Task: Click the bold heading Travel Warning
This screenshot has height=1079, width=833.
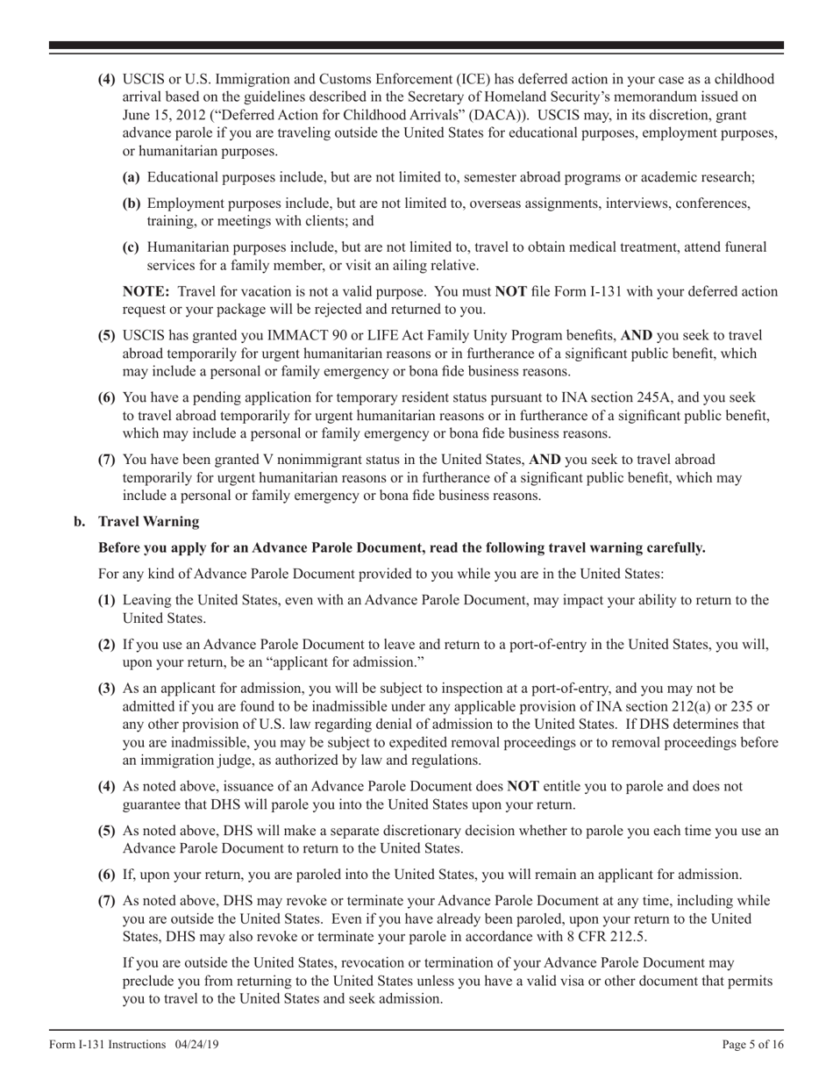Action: (x=148, y=522)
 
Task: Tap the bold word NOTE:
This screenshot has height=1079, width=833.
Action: (x=146, y=292)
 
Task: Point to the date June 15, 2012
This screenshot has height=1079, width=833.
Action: (x=167, y=114)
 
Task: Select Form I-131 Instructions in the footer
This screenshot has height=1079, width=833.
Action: (x=107, y=1044)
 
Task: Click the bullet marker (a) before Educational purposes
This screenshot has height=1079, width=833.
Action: (x=132, y=177)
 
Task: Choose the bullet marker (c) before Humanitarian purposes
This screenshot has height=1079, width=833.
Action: (x=132, y=247)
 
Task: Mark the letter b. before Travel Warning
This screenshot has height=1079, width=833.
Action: (x=80, y=522)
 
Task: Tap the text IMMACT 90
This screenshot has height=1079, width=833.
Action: (x=280, y=335)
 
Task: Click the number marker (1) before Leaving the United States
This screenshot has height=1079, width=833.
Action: (x=107, y=600)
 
